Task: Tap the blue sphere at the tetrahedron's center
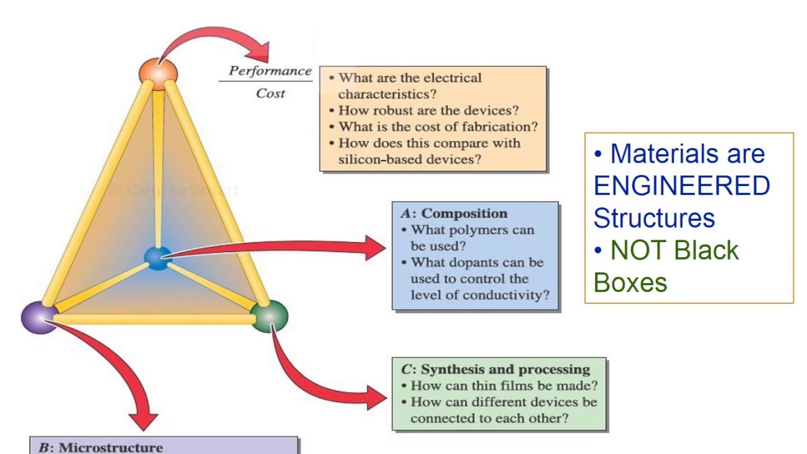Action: pos(157,257)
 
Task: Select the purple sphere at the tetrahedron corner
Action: pos(39,317)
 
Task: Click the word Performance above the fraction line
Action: pos(270,71)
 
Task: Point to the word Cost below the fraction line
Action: pos(270,93)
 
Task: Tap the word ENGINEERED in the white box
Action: pos(682,186)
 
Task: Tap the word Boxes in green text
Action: pos(630,282)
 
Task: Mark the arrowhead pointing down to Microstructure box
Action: pos(144,419)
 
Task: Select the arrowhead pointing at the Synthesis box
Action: pos(376,397)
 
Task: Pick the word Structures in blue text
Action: pos(654,218)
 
